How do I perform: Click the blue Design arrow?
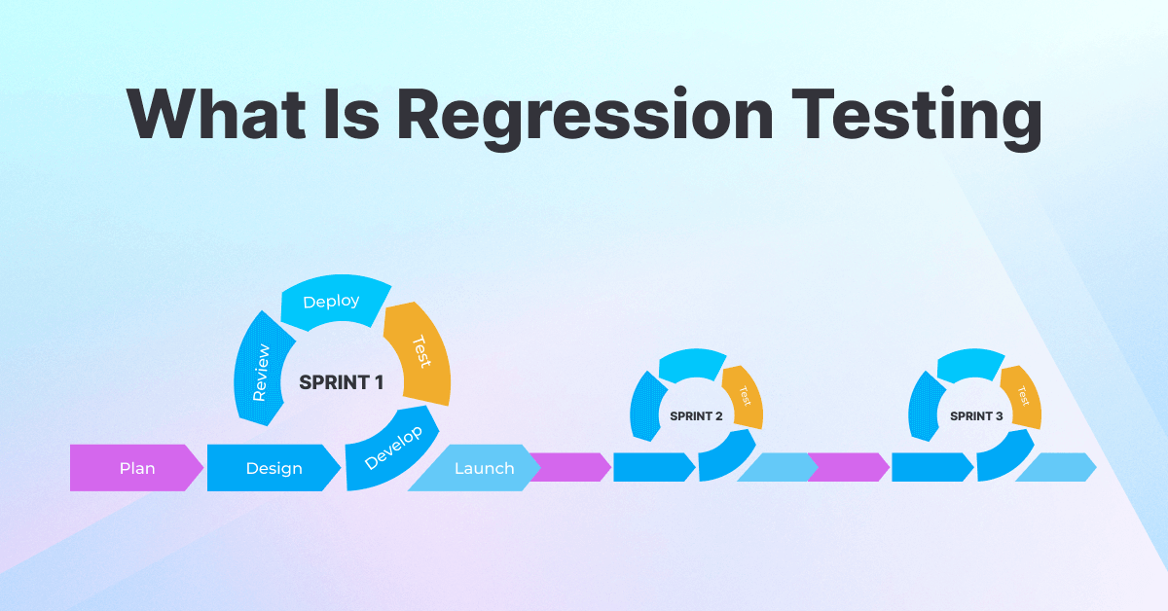pos(274,468)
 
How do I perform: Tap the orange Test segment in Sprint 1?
pos(419,351)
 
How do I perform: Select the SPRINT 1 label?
pos(341,382)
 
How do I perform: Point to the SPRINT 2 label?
pos(696,416)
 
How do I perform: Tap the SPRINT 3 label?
pos(976,416)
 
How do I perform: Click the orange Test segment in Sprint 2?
pos(744,396)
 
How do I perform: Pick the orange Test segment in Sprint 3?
pos(1022,396)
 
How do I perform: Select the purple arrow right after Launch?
pos(570,468)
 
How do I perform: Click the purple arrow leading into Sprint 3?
pos(848,468)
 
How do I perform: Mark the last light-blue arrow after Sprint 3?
pos(1056,468)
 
